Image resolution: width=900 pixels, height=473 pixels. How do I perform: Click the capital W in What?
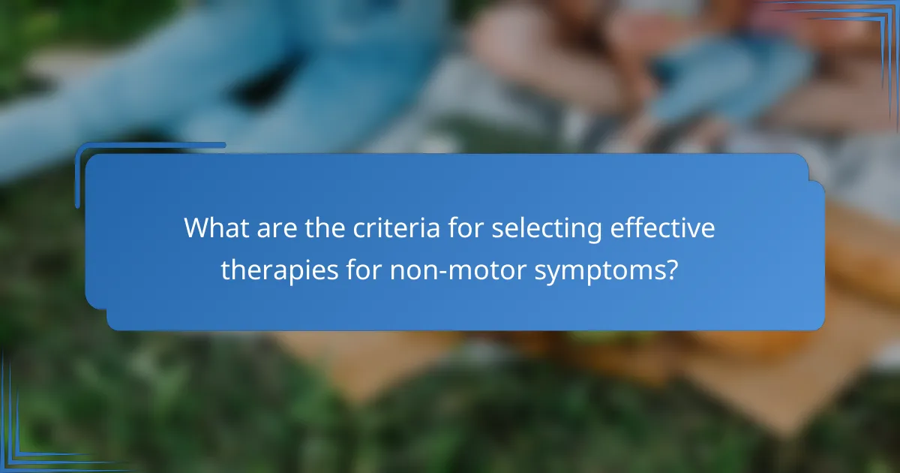coord(196,228)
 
